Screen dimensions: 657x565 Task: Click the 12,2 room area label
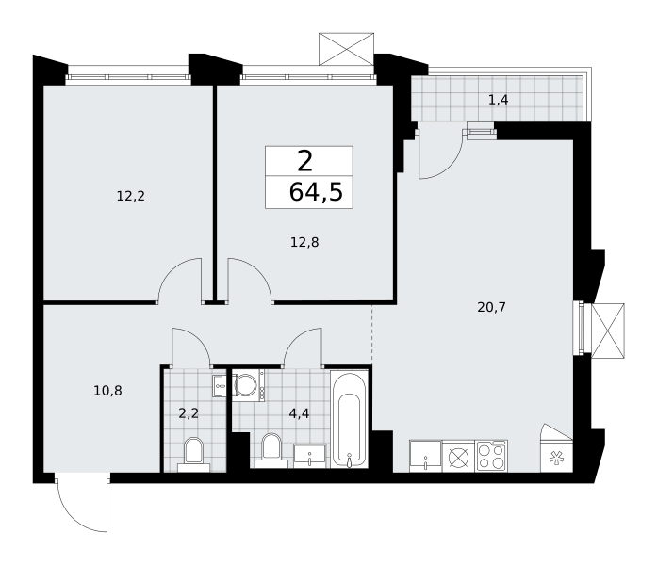pos(131,196)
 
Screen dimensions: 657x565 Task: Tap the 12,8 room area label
pos(304,242)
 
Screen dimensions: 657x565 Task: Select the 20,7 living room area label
pos(491,307)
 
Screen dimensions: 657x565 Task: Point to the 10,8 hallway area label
pos(107,391)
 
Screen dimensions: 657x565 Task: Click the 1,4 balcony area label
pos(499,100)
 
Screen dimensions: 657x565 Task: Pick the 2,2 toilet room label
pos(189,413)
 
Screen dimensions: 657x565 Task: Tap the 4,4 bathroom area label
pos(299,413)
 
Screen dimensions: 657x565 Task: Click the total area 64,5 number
pos(316,192)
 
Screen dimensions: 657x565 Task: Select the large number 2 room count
pos(305,161)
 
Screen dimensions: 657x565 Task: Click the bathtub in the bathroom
pos(350,419)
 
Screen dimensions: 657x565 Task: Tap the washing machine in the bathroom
pos(248,385)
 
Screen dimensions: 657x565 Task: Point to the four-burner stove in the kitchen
pos(491,456)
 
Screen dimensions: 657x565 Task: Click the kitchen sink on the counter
pos(425,456)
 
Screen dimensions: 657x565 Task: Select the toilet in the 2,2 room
pos(193,455)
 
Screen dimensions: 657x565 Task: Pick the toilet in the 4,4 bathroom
pos(271,451)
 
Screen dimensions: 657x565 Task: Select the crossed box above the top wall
pos(346,49)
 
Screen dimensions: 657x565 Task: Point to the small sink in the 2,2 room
pos(220,385)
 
